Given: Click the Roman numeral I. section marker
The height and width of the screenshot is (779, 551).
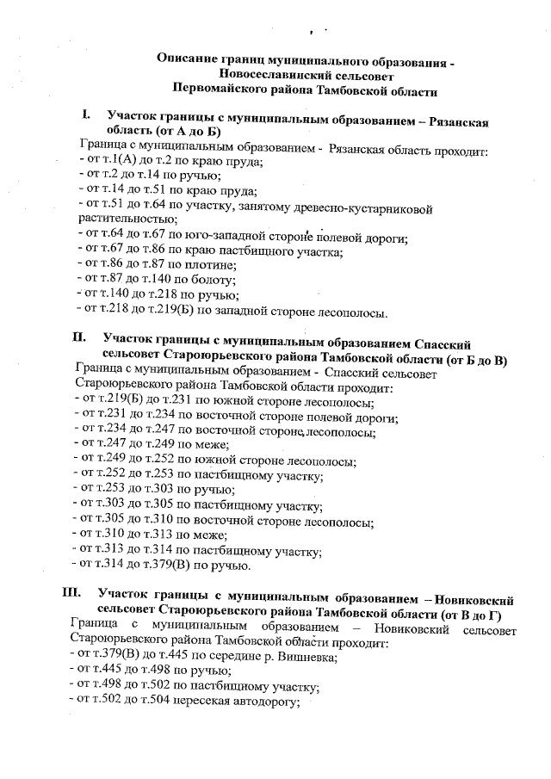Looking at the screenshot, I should click(x=86, y=114).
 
